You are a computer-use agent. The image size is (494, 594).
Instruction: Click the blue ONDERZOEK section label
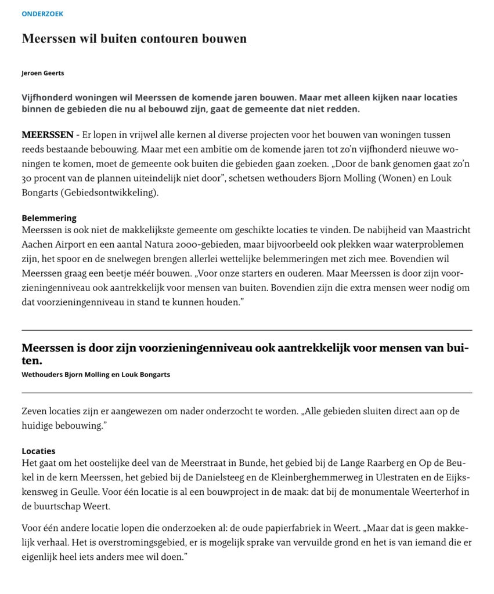[x=42, y=14]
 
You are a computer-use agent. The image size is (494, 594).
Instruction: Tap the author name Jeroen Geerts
[x=42, y=73]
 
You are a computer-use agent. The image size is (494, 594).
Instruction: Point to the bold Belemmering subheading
[x=49, y=218]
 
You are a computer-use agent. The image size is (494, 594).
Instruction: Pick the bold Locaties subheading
[x=38, y=451]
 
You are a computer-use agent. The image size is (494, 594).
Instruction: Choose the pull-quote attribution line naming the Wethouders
[x=96, y=375]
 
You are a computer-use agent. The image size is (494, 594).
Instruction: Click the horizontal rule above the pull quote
[x=247, y=330]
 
